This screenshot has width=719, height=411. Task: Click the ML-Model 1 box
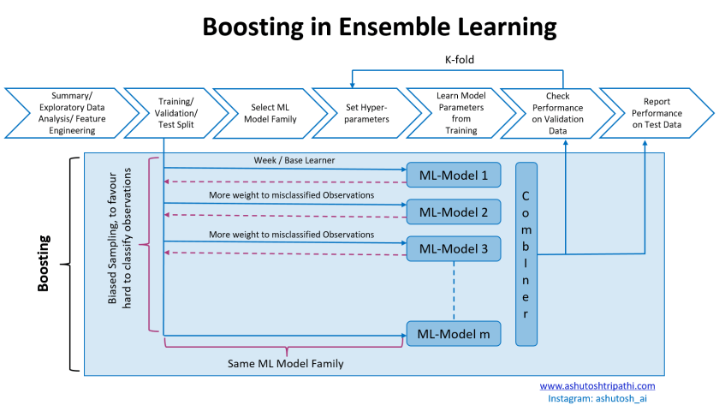[x=453, y=176]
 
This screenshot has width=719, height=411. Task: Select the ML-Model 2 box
[x=453, y=212]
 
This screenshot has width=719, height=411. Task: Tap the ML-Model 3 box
[x=453, y=249]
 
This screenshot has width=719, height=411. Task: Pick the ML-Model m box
[x=453, y=332]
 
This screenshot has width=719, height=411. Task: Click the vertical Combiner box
[x=526, y=254]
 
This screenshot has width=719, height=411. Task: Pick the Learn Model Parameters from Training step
[x=461, y=114]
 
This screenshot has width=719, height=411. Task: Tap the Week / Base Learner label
[x=294, y=160]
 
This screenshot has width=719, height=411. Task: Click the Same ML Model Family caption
[x=285, y=364]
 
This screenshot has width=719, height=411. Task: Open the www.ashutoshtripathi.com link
[x=597, y=386]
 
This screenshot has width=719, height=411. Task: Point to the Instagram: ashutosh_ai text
[x=597, y=398]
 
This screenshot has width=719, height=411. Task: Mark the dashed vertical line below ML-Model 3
[x=453, y=290]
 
